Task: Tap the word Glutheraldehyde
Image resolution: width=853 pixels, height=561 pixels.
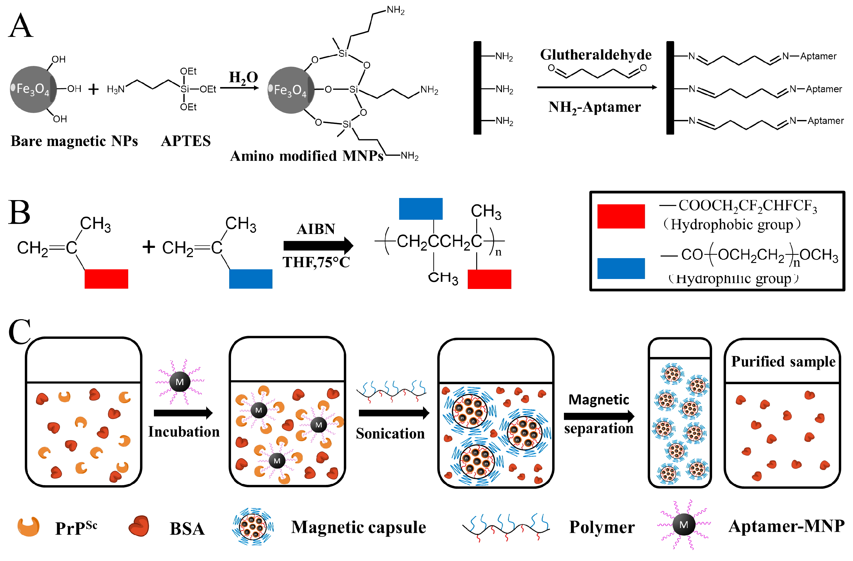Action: (x=596, y=55)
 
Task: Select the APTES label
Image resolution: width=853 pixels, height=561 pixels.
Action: (x=186, y=141)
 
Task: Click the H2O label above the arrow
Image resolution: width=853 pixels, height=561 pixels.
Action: (x=243, y=77)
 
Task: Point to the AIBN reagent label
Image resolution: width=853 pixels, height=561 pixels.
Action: (x=316, y=229)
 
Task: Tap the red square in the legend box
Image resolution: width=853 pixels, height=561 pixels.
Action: (x=621, y=216)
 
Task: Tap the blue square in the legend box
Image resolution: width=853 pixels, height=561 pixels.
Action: (x=621, y=268)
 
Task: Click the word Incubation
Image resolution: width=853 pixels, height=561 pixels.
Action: (x=184, y=432)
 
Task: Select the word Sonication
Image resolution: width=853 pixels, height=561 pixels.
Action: (x=390, y=433)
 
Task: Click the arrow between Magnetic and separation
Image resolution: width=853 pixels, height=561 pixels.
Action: (x=598, y=416)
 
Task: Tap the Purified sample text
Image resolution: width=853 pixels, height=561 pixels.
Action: (x=783, y=362)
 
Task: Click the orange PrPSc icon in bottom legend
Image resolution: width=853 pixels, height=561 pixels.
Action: (x=29, y=526)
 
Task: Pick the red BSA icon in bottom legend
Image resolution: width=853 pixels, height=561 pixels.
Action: (x=139, y=526)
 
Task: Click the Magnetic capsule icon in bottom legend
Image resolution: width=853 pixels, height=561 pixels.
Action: (x=253, y=526)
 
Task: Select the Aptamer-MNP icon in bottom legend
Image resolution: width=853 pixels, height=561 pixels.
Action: (x=683, y=525)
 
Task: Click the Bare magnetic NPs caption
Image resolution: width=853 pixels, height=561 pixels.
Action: (x=74, y=141)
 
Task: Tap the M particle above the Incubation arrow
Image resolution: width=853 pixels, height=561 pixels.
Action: (x=180, y=382)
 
